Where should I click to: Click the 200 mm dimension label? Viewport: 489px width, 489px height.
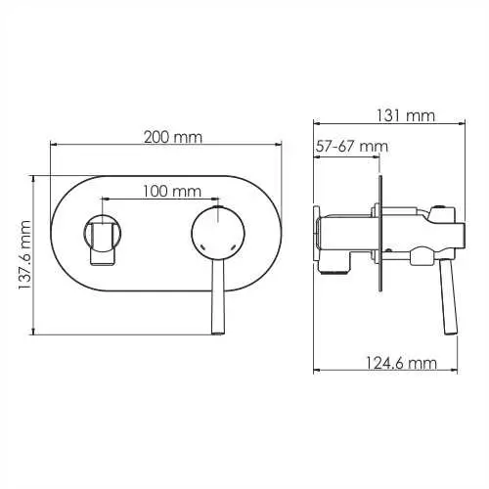173,137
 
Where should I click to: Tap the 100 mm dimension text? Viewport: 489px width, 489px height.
172,192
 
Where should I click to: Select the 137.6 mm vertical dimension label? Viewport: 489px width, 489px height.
24,255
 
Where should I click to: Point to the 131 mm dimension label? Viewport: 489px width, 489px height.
406,115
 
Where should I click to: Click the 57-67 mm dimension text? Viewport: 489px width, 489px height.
352,147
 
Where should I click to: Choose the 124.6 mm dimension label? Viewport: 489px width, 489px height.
400,363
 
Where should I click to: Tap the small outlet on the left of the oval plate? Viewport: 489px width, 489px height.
103,234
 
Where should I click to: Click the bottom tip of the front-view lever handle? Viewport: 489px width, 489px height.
218,333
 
